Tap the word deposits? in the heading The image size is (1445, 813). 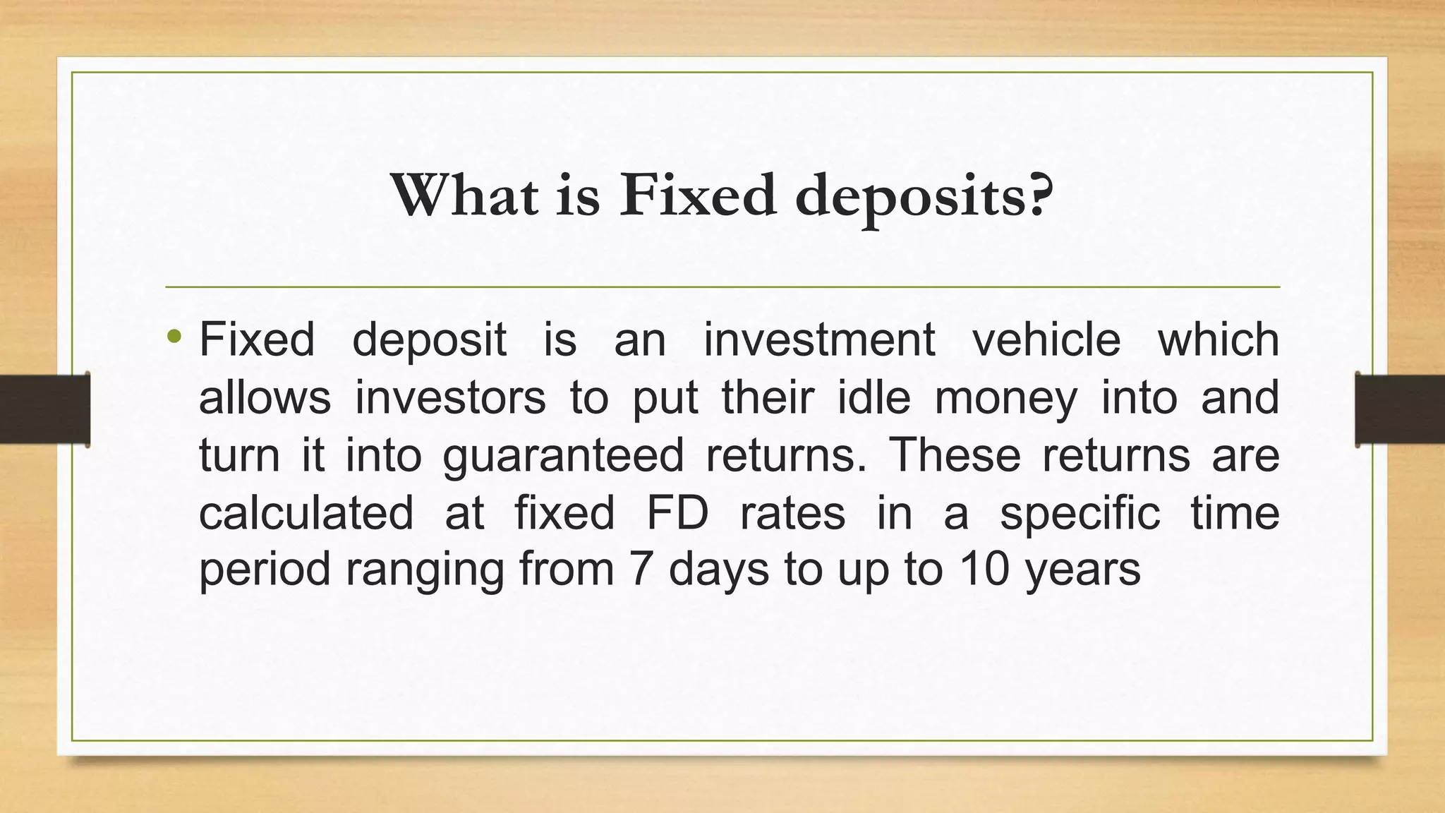pyautogui.click(x=924, y=197)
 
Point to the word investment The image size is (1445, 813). pyautogui.click(x=819, y=339)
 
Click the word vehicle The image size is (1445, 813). pyautogui.click(x=1046, y=339)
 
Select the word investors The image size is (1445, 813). pyautogui.click(x=450, y=397)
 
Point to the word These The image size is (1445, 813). pyautogui.click(x=955, y=454)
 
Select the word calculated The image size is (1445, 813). pyautogui.click(x=306, y=512)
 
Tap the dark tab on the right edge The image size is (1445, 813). pyautogui.click(x=1400, y=409)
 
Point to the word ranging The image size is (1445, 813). pyautogui.click(x=425, y=571)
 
